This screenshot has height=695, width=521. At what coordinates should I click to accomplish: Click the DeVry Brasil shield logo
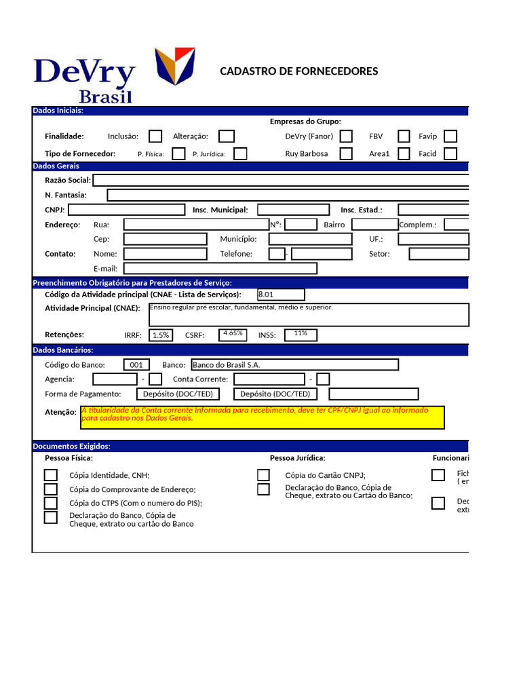click(x=175, y=66)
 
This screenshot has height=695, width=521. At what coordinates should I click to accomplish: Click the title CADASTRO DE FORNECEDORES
click(x=299, y=71)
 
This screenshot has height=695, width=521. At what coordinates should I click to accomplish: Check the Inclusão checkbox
click(x=155, y=136)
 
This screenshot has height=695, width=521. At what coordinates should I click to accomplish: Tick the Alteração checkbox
click(x=227, y=136)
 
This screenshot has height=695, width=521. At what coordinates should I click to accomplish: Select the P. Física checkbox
click(x=178, y=153)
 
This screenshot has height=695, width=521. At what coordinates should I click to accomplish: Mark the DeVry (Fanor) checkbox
click(x=346, y=136)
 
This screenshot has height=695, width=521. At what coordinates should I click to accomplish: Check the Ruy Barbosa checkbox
click(x=346, y=153)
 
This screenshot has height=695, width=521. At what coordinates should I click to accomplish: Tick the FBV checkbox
click(x=404, y=136)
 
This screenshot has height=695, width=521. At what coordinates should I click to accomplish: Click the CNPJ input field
click(x=126, y=210)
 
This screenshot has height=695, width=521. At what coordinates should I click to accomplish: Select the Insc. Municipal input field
click(x=293, y=210)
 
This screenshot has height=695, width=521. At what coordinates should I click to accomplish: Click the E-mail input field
click(x=220, y=268)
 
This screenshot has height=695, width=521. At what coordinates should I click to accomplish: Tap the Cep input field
click(x=165, y=239)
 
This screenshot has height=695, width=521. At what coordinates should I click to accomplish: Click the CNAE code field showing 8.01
click(x=281, y=295)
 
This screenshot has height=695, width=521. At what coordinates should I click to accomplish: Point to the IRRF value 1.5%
click(x=161, y=335)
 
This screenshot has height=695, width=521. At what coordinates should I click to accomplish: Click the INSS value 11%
click(x=301, y=334)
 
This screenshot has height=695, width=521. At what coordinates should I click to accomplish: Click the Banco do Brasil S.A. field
click(x=294, y=364)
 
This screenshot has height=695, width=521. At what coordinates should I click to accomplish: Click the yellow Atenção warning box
click(x=263, y=417)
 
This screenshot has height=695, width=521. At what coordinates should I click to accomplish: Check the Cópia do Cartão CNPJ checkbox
click(x=263, y=475)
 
